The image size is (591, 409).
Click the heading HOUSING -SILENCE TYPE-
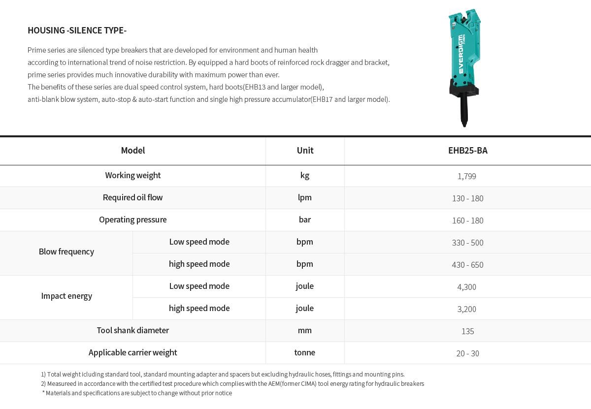77,31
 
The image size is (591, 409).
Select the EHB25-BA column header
467,151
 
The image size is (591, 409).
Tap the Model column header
132,151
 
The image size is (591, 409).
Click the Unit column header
305,151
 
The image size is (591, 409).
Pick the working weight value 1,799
466,176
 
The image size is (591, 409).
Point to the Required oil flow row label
132,197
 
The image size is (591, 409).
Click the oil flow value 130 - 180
467,198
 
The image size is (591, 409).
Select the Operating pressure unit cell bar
305,220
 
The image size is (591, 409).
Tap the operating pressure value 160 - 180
467,220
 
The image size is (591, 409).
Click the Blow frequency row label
66,252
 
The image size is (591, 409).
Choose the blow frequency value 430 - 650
467,265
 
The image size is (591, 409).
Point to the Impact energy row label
66,296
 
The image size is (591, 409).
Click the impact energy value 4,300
466,287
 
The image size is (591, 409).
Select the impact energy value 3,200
466,309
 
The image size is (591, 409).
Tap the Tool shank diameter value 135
467,331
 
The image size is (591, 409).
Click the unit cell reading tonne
305,352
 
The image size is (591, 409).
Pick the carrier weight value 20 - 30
467,353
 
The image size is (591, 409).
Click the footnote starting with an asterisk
137,393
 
